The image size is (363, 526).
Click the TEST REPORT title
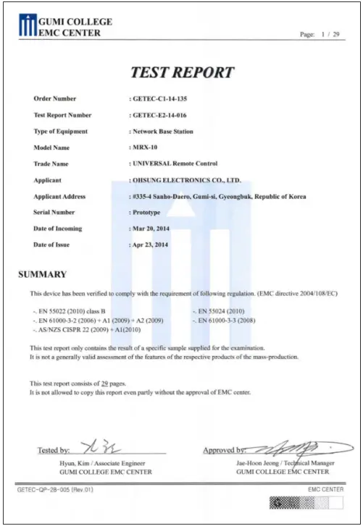click(x=182, y=72)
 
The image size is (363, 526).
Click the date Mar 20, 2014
click(x=154, y=229)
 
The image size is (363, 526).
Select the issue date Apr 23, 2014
click(x=154, y=245)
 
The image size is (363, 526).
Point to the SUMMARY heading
click(x=42, y=274)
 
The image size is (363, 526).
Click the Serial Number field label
click(x=54, y=213)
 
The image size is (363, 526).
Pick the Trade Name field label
click(x=51, y=164)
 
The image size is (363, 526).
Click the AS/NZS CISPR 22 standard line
click(x=86, y=329)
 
